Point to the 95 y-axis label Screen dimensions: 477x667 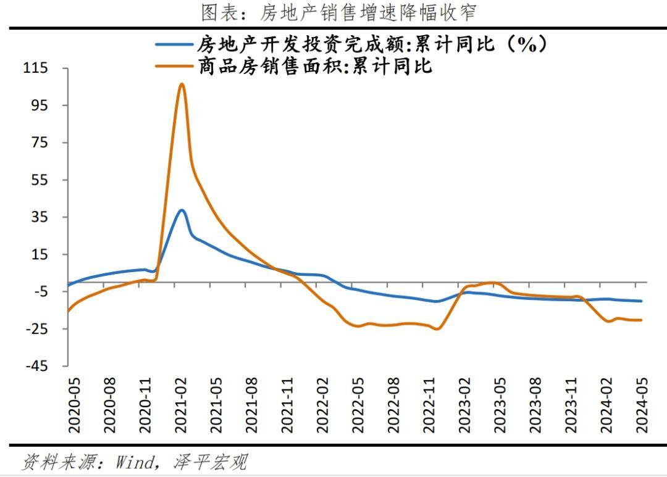coord(38,105)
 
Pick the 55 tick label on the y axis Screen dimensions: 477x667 coord(38,180)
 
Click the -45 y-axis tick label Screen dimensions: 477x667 coord(35,366)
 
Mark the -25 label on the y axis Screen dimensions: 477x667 coord(35,329)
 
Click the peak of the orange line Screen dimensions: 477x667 coord(181,84)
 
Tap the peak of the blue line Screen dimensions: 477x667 coord(182,210)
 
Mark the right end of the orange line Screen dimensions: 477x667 coord(642,320)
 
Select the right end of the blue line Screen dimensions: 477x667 coord(642,301)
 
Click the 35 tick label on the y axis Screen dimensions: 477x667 coord(38,217)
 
